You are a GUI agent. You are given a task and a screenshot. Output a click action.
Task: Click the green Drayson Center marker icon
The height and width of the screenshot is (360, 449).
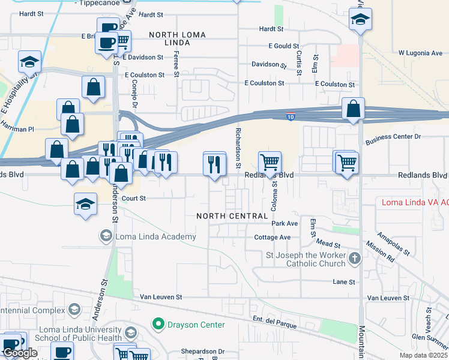(158, 325)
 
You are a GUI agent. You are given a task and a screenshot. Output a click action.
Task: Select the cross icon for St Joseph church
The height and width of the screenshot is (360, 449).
(355, 259)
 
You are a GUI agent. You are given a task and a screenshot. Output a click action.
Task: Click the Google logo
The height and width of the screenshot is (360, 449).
(20, 353)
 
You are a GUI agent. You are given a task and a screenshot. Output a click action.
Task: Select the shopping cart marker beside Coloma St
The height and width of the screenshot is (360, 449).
(270, 162)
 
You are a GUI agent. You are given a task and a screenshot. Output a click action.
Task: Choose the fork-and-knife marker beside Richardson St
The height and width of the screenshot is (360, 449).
(214, 163)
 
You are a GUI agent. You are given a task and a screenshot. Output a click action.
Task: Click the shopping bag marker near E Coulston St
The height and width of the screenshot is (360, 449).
(94, 87)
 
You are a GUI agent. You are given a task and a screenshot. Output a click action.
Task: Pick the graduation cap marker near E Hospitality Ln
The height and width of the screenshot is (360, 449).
(29, 61)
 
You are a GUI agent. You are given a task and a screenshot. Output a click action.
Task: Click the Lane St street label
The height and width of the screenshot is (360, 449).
(344, 281)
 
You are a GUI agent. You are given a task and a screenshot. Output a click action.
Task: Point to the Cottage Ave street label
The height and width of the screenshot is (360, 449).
(272, 238)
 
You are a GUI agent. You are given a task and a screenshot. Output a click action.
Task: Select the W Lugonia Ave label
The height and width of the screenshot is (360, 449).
(420, 53)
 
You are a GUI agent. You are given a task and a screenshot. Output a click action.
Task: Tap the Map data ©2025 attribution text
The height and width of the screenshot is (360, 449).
(424, 355)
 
